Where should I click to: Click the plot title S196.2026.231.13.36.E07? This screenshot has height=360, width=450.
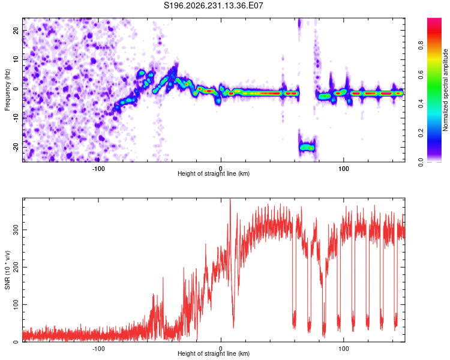213,5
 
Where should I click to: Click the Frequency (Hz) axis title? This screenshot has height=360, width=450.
7,90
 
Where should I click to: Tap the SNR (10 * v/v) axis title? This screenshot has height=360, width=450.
7,270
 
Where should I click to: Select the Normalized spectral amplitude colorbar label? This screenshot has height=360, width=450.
445,90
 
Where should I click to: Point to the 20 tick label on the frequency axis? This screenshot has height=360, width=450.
16,31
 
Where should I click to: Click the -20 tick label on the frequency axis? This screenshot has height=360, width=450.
16,147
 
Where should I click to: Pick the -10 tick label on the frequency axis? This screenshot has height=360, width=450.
16,118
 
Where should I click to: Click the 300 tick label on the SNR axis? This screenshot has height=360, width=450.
16,230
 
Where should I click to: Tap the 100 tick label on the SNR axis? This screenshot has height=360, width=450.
16,304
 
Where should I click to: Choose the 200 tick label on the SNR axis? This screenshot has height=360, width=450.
16,267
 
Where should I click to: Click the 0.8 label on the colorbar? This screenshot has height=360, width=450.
421,46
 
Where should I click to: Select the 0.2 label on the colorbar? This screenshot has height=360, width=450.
421,133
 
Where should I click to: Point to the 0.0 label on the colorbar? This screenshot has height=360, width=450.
421,162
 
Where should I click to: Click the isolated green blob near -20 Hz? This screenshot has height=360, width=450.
307,148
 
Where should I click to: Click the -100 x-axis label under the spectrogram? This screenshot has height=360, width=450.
98,169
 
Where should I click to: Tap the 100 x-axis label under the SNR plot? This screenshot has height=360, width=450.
344,349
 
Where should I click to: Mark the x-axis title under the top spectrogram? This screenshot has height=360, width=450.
214,173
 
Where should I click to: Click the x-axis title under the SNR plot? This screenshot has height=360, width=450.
214,353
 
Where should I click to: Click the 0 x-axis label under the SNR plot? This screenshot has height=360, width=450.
221,349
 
